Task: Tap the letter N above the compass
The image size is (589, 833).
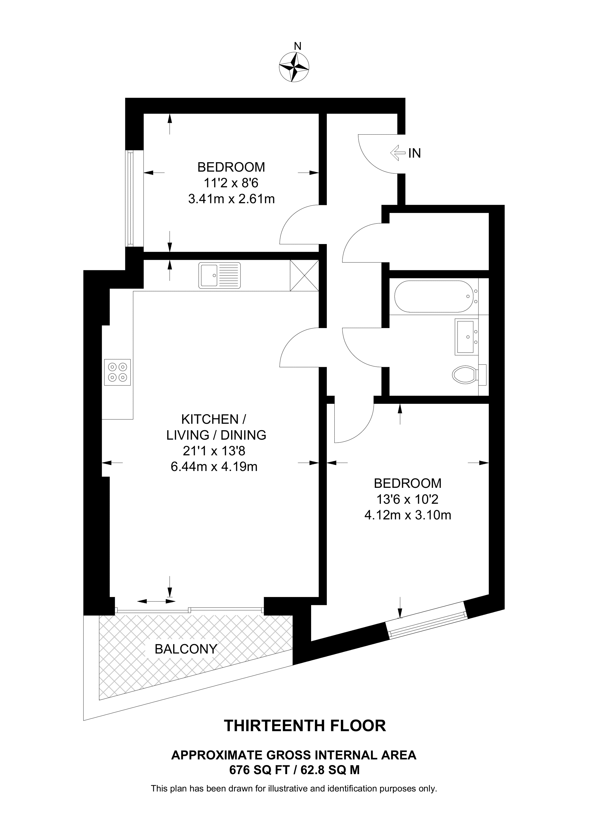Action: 298,46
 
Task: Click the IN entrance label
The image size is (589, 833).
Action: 414,154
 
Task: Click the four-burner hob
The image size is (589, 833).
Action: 117,372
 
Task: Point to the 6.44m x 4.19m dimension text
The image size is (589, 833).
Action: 214,466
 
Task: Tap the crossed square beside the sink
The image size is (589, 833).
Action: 304,275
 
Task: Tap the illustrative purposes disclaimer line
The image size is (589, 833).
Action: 294,788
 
